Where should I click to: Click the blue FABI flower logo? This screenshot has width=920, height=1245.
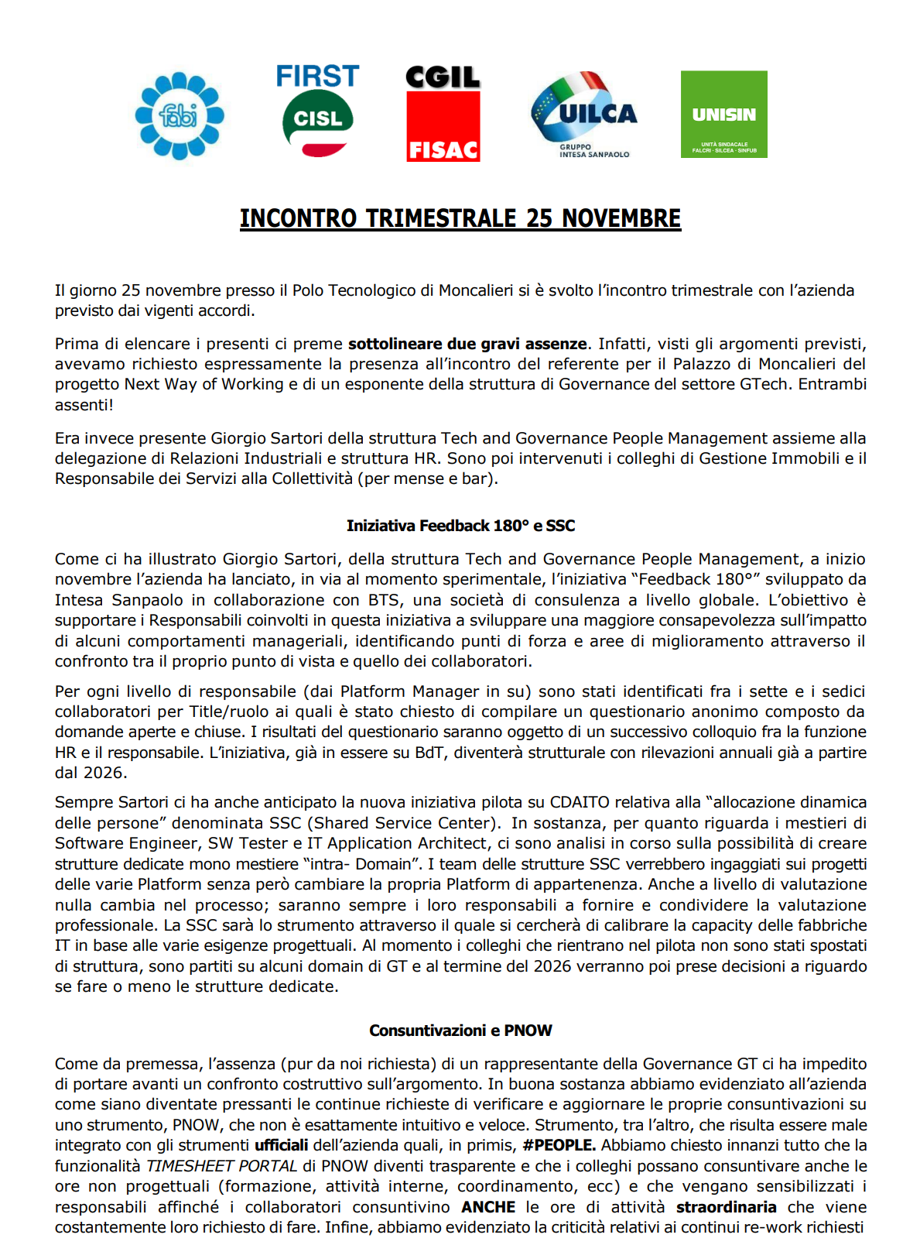coord(180,116)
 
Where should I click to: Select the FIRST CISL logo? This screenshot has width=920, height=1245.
coord(318,111)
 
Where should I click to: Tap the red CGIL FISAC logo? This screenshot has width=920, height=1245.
coord(443,115)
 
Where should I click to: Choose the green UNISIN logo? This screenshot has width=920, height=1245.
coord(723,115)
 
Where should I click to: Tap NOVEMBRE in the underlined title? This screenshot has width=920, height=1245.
coord(621,219)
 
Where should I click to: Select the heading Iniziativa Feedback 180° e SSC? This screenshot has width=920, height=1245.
coord(460,526)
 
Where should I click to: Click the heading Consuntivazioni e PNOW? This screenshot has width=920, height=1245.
coord(460,1031)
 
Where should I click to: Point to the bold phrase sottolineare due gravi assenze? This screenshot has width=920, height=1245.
coord(467,344)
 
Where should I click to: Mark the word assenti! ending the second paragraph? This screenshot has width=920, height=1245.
coord(84,405)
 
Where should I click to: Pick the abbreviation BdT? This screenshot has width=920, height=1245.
coord(429,753)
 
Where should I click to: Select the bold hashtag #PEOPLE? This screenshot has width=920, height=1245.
coord(559,1145)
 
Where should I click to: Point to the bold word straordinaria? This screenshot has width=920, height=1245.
coord(726,1207)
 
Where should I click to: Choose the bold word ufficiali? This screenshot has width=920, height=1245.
coord(281,1145)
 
